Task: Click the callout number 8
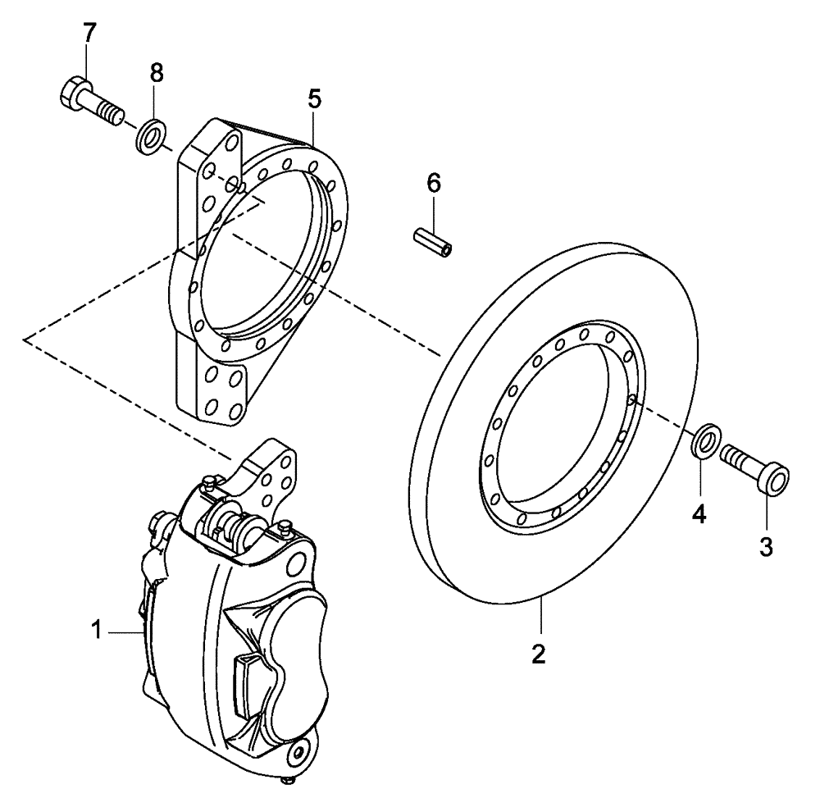pos(156,72)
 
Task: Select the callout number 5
pos(314,98)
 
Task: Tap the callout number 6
pos(434,183)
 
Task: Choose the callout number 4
pos(699,514)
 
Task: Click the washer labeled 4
pos(706,440)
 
